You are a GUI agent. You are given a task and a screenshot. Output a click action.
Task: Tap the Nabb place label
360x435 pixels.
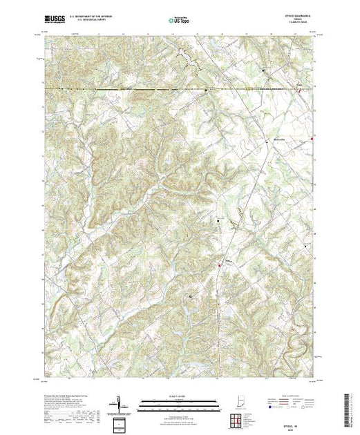pos(299,86)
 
